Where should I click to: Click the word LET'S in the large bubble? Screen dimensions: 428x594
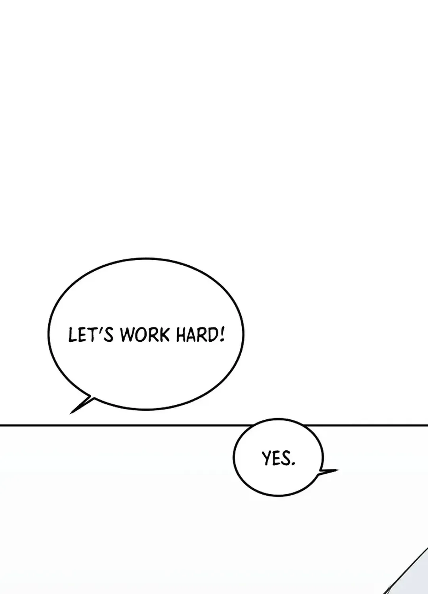coord(91,334)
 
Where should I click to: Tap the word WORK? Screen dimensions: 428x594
coord(145,335)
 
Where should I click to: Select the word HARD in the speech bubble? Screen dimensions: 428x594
coord(197,335)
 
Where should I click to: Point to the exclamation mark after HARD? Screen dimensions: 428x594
coord(222,334)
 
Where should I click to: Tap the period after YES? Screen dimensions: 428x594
coord(293,463)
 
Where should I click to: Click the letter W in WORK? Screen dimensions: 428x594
coord(127,335)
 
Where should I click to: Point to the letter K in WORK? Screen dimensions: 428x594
coord(165,335)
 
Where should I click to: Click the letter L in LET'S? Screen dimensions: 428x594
coord(73,335)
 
